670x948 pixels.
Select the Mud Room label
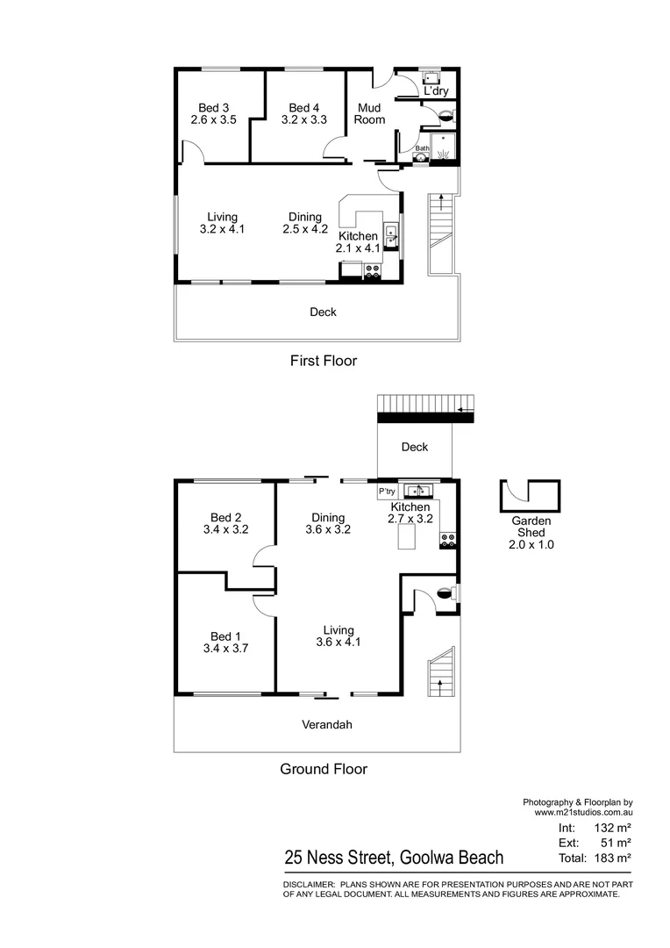pyautogui.click(x=369, y=114)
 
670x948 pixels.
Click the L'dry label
pyautogui.click(x=435, y=91)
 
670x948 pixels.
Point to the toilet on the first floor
pyautogui.click(x=445, y=113)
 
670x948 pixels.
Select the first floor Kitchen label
pyautogui.click(x=358, y=236)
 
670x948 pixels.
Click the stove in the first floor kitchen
pyautogui.click(x=372, y=271)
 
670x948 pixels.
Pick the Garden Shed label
pyautogui.click(x=531, y=527)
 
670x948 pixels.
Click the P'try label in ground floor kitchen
pyautogui.click(x=387, y=491)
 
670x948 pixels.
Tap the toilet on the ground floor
pyautogui.click(x=447, y=592)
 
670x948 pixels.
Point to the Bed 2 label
pyautogui.click(x=225, y=518)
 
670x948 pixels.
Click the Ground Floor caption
pyautogui.click(x=323, y=769)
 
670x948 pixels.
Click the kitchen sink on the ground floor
pyautogui.click(x=417, y=490)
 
